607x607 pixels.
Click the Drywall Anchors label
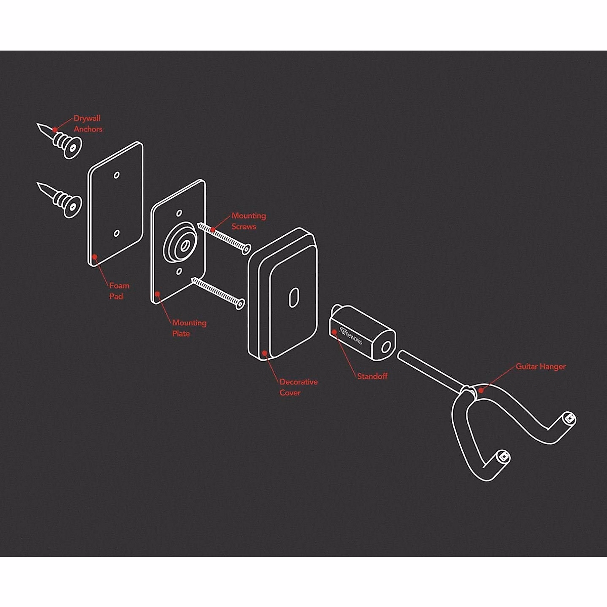[x=88, y=124]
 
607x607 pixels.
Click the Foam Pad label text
[x=119, y=291]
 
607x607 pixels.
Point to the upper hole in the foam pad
[x=117, y=175]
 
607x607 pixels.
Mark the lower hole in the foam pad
[x=117, y=233]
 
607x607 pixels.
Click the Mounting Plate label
[x=189, y=328]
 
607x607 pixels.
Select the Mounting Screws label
[x=248, y=221]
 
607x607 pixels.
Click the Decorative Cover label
[x=298, y=387]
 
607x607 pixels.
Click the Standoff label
[x=372, y=376]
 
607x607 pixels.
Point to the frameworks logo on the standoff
[x=350, y=335]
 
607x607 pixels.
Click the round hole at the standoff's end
[x=386, y=347]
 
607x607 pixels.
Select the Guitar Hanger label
[x=540, y=366]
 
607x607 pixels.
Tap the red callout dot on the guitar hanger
[x=481, y=390]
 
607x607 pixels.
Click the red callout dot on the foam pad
[x=95, y=257]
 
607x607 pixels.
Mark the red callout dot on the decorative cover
[x=264, y=353]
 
